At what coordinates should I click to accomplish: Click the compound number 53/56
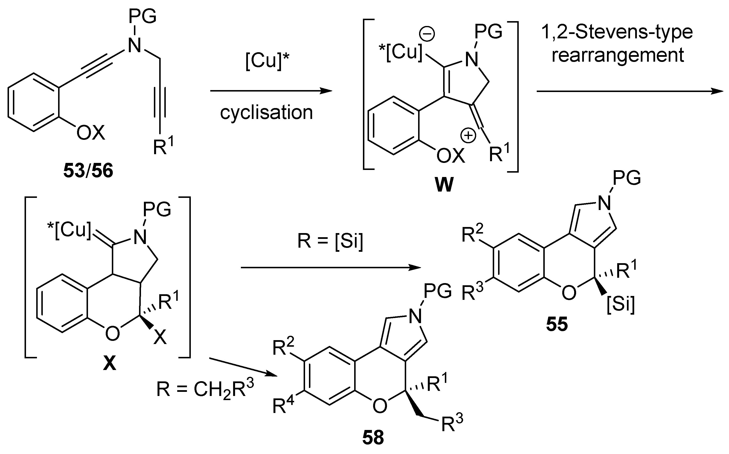coord(88,171)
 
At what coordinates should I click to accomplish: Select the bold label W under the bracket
coord(444,185)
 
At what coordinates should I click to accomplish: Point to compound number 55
coord(557,325)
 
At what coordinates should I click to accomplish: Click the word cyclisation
coord(266,113)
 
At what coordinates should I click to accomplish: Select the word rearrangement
coord(618,56)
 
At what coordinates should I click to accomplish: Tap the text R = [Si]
coord(330,241)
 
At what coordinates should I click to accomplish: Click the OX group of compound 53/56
coord(90,133)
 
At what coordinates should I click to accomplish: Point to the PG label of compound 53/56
coord(142,17)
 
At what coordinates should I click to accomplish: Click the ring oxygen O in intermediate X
coord(113,334)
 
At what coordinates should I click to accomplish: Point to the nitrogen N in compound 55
coord(605,204)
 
